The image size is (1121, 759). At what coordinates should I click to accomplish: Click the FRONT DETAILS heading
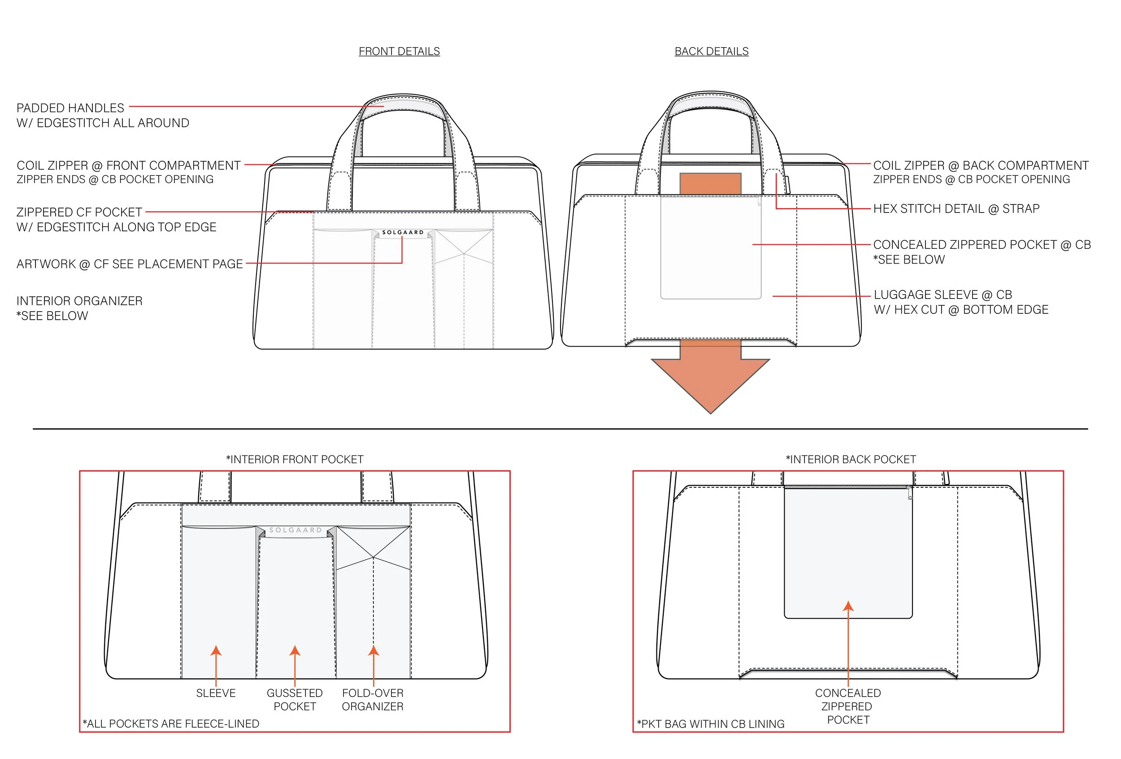[x=399, y=51]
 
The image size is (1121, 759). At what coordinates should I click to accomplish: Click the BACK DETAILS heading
[x=711, y=51]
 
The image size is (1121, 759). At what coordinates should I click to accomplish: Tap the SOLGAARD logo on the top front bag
[x=403, y=232]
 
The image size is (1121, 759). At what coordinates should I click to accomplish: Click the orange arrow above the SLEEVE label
[x=216, y=651]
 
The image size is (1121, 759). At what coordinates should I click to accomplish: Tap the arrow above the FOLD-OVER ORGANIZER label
[x=374, y=651]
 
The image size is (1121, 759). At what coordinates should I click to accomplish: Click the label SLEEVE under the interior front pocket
[x=216, y=693]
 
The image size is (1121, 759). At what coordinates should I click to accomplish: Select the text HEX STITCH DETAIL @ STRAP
[x=956, y=209]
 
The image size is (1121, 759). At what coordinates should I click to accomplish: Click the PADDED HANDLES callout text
[x=70, y=108]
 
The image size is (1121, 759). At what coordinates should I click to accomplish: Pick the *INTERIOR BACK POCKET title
[x=851, y=459]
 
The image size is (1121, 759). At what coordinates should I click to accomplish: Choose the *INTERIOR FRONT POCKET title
[x=295, y=459]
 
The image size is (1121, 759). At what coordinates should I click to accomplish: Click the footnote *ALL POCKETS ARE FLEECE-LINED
[x=171, y=723]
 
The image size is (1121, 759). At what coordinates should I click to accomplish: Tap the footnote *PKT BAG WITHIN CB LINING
[x=711, y=724]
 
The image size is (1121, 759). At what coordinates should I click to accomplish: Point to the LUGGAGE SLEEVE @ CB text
[x=943, y=295]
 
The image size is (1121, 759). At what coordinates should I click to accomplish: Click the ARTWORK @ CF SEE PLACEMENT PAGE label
[x=129, y=264]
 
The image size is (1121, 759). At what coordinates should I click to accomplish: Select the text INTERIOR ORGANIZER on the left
[x=79, y=301]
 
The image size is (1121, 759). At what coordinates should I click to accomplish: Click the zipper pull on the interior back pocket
[x=910, y=493]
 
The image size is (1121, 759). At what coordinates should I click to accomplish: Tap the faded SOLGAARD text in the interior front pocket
[x=295, y=530]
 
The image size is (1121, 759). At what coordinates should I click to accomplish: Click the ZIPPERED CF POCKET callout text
[x=79, y=212]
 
